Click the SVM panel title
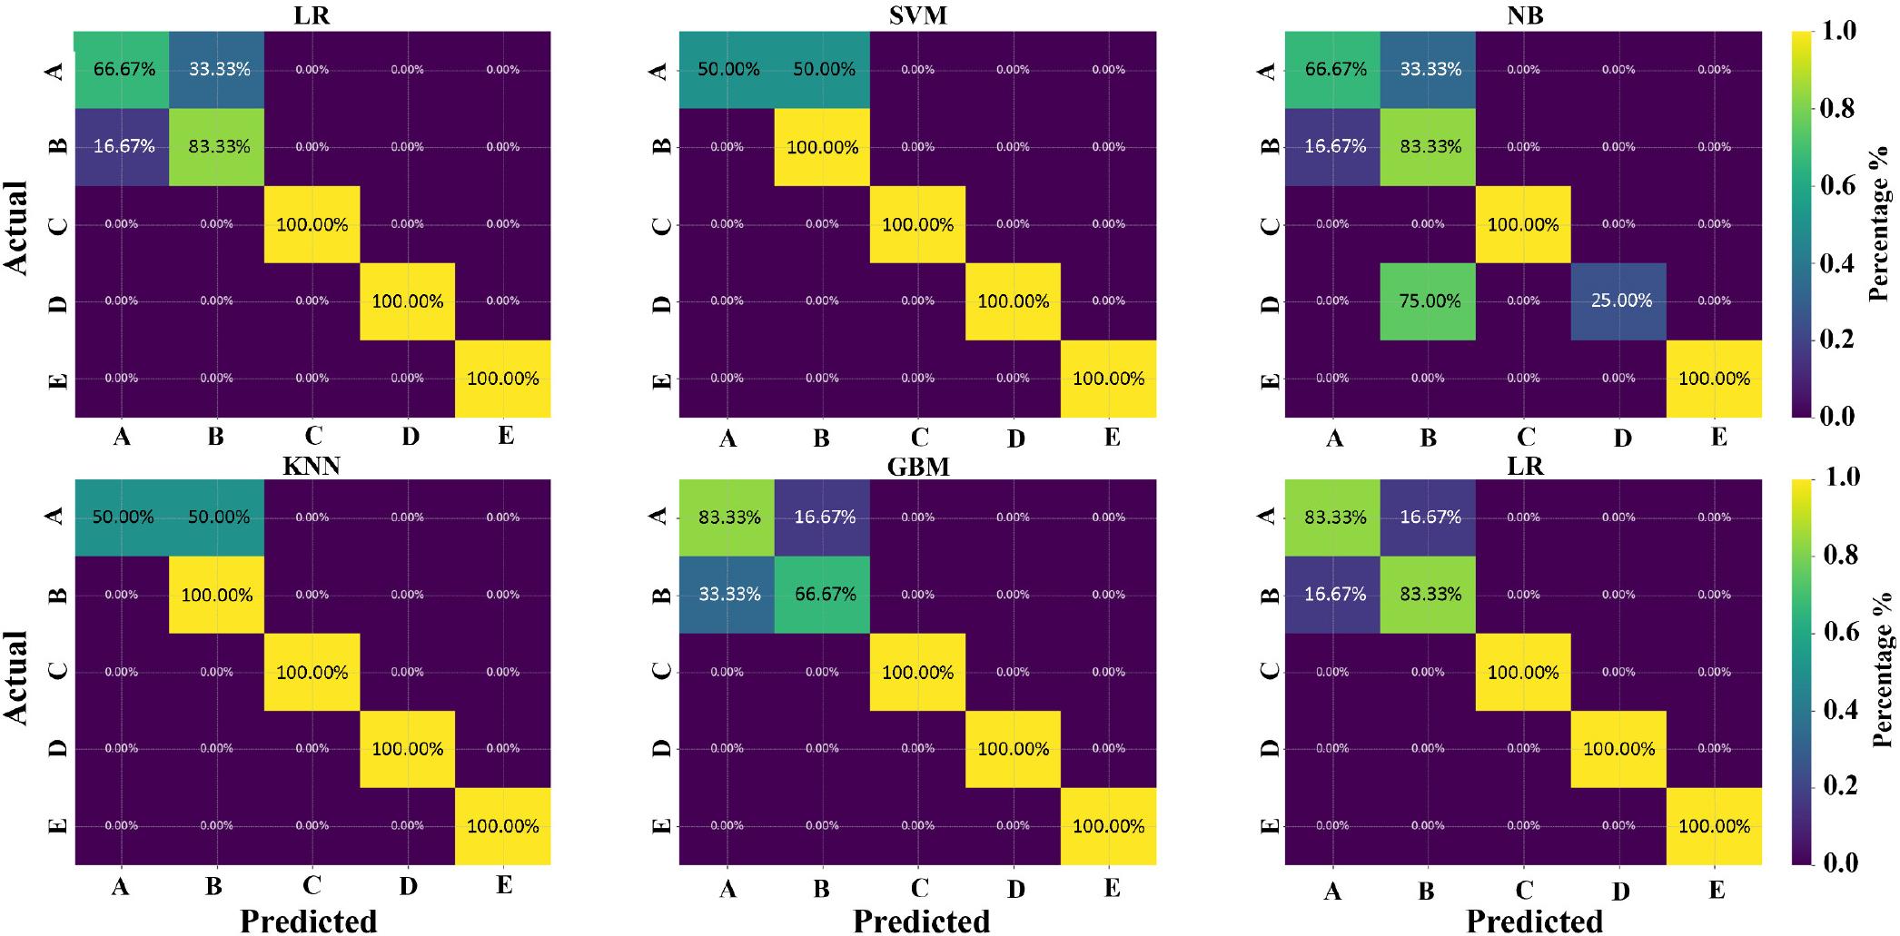918,15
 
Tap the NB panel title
1523,15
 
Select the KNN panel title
312,466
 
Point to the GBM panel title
918,466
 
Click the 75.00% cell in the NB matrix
1429,301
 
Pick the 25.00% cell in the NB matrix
1620,301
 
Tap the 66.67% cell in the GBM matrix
823,595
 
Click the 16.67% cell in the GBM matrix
823,517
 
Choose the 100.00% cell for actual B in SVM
823,147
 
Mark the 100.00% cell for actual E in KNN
502,826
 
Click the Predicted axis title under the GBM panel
921,921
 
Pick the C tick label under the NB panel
1526,438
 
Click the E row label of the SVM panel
663,379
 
